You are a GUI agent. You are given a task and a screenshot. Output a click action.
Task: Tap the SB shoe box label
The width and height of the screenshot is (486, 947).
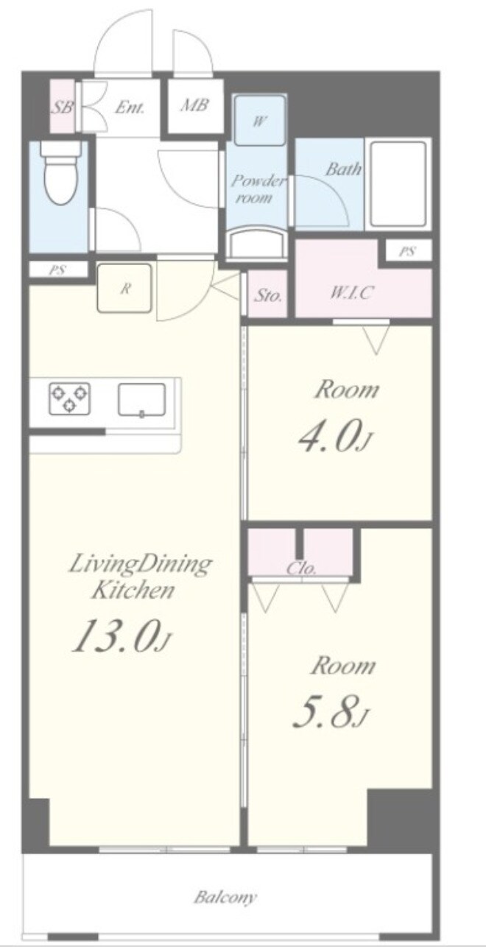63,106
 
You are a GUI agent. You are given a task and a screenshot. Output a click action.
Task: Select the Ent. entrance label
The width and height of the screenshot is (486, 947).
130,106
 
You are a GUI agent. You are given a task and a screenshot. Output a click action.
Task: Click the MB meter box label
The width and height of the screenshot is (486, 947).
194,105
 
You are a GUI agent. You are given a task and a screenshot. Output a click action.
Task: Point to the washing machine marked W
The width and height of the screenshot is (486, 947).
258,122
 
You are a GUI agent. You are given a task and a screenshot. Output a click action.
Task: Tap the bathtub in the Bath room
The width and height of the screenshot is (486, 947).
398,184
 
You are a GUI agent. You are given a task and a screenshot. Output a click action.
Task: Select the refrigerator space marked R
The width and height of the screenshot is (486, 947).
125,288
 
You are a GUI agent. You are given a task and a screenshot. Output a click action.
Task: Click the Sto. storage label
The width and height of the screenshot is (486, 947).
268,296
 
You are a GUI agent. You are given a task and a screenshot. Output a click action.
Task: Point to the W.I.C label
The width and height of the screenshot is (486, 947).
351,292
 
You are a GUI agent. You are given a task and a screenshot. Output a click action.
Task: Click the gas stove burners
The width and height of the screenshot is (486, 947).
69,398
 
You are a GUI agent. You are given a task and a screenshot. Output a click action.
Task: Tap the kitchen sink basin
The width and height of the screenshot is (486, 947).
141,400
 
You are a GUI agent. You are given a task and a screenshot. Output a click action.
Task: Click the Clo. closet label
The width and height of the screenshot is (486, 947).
302,569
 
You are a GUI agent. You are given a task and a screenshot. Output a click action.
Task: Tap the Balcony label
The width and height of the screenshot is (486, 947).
225,897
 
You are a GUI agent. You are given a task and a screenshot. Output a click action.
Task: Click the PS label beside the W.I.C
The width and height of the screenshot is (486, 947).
406,252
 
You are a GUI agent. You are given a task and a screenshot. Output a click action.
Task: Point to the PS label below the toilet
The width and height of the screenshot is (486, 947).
57,270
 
